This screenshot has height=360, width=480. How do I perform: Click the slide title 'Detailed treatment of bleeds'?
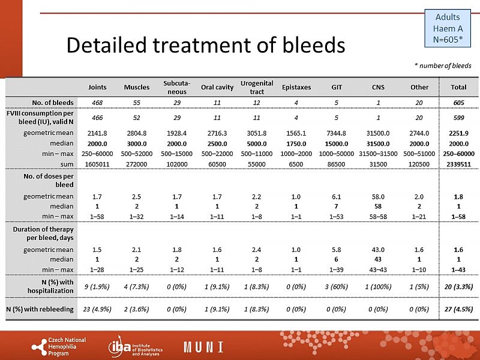(206, 45)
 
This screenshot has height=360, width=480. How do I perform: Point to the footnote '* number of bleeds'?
(443, 65)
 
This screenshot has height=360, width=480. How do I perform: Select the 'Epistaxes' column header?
(296, 87)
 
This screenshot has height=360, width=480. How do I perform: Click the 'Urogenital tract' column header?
(257, 87)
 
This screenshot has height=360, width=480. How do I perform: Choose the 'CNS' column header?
(378, 87)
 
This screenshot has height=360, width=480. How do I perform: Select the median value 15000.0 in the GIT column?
(337, 143)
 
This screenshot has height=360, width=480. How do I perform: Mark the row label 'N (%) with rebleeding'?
(40, 309)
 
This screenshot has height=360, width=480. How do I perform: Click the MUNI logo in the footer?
(203, 346)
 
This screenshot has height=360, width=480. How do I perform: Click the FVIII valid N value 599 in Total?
(454, 118)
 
